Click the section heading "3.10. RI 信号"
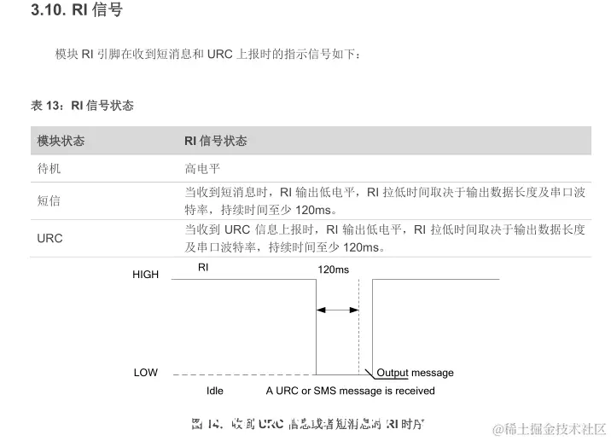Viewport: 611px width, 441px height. tap(76, 11)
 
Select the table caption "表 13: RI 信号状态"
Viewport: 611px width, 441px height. tap(82, 106)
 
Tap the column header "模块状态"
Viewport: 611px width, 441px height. tap(61, 141)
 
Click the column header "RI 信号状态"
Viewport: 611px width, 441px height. tap(216, 141)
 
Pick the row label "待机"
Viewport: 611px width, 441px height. tap(49, 169)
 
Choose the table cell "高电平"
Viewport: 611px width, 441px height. tap(203, 169)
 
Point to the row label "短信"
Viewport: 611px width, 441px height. tap(49, 201)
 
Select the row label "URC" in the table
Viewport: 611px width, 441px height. tap(49, 238)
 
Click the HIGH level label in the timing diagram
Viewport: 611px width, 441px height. tap(145, 275)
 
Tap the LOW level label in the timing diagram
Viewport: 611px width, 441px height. tap(145, 373)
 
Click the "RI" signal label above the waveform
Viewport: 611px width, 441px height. tap(203, 267)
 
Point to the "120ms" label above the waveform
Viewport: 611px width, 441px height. tap(333, 270)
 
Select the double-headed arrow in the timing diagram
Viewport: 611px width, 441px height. tap(338, 310)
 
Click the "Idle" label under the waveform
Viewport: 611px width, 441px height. tap(215, 391)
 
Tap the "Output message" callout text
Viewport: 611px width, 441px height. tap(415, 373)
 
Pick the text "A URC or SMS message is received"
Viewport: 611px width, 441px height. tap(350, 391)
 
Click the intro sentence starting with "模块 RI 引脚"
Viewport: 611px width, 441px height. tap(209, 55)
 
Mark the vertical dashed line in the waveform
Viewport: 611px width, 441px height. tap(358, 328)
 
